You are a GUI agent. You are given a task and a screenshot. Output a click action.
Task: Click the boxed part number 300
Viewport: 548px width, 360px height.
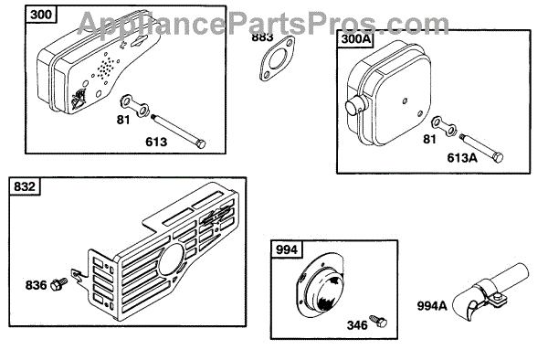(41, 15)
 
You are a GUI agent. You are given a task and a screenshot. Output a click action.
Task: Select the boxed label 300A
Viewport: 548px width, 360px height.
(355, 38)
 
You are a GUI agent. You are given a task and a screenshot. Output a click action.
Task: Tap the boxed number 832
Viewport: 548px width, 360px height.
(25, 186)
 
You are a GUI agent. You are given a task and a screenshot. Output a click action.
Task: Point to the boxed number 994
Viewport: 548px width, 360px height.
(287, 250)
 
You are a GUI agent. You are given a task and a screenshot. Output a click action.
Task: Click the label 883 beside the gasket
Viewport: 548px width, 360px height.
(262, 37)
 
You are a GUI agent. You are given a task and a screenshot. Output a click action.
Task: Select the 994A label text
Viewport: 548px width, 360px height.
(432, 306)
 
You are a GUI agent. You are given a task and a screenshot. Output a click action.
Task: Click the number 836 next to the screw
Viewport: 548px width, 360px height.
(36, 285)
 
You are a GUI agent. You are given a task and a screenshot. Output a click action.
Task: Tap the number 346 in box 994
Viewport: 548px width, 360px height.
(357, 325)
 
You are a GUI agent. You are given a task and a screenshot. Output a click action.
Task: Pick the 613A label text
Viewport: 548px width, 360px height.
(462, 158)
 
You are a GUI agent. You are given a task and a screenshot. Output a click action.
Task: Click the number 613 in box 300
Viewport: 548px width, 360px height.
(156, 142)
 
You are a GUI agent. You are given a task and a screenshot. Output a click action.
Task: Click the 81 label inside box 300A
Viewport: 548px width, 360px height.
(429, 140)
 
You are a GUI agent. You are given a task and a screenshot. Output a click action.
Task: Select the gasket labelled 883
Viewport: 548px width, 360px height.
(277, 58)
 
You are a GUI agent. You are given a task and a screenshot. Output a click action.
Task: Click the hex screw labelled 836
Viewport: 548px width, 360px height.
(59, 284)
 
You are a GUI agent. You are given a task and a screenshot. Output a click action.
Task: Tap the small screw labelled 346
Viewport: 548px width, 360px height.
(379, 321)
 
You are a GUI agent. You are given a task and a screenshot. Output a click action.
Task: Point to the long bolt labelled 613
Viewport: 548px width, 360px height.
(178, 131)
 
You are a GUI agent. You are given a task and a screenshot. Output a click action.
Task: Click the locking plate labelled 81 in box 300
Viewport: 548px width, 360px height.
(134, 106)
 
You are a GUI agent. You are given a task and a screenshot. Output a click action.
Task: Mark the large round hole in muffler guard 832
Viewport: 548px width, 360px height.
(172, 259)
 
